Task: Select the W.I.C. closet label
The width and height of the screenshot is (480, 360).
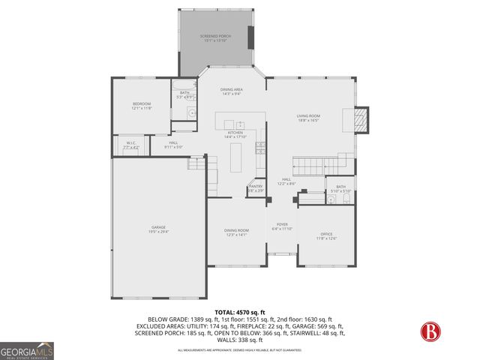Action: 131,145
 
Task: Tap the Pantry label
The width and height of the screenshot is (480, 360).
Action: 256,188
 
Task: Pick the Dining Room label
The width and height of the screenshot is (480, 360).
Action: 236,232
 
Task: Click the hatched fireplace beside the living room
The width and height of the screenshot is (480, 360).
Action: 361,119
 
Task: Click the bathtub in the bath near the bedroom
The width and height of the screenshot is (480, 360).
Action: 184,83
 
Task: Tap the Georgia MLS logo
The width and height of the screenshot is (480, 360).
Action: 26,350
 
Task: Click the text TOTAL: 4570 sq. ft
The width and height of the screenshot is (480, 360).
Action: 239,310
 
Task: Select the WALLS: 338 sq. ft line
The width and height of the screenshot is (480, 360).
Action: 239,340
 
